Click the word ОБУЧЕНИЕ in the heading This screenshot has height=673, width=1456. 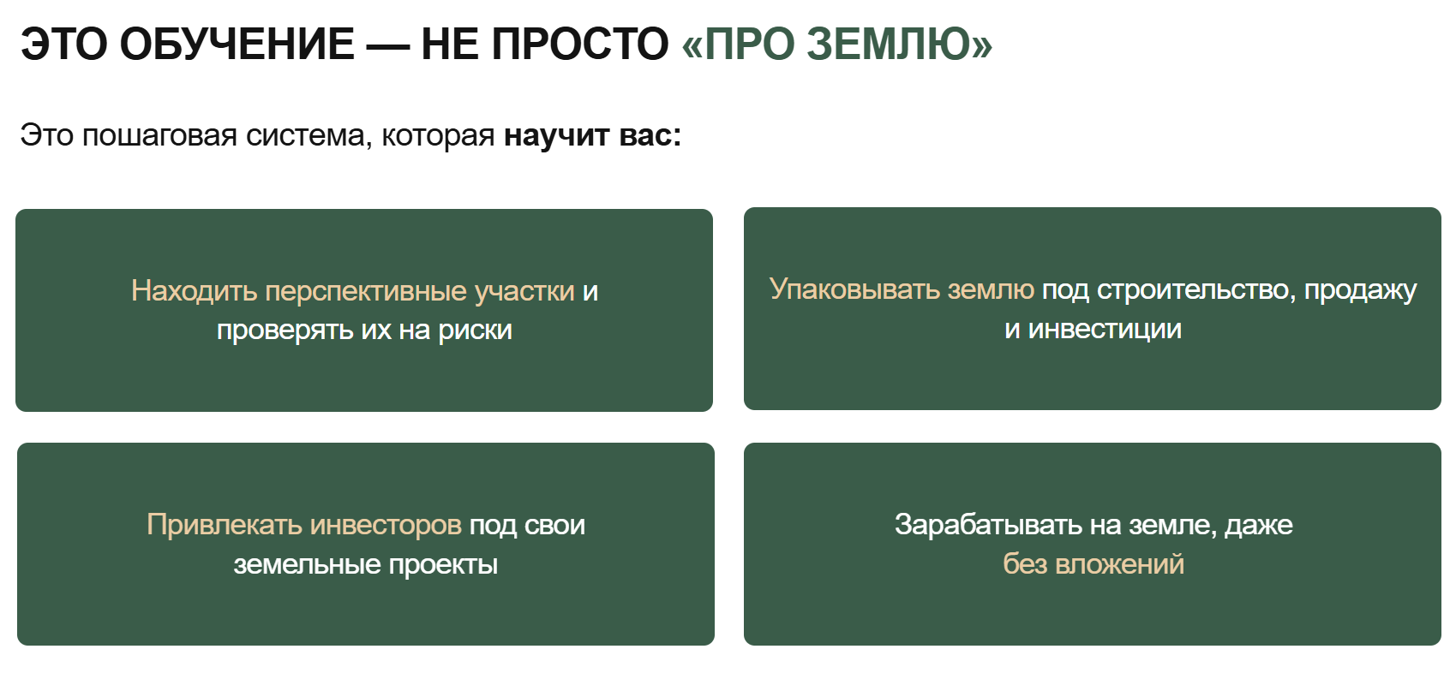tap(237, 45)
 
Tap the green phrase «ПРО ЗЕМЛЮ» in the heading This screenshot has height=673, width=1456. tap(837, 45)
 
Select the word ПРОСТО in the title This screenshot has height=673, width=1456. tap(580, 45)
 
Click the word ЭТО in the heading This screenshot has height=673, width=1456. tap(63, 45)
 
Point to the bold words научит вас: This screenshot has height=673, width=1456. tap(593, 136)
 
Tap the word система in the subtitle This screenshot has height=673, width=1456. tap(309, 136)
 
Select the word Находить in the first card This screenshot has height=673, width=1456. tap(195, 291)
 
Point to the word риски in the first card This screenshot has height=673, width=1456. tap(475, 331)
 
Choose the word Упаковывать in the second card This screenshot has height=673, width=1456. tap(854, 289)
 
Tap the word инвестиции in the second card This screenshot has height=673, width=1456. tap(1105, 330)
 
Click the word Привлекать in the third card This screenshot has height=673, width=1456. tap(224, 525)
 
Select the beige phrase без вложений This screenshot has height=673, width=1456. tap(1093, 564)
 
